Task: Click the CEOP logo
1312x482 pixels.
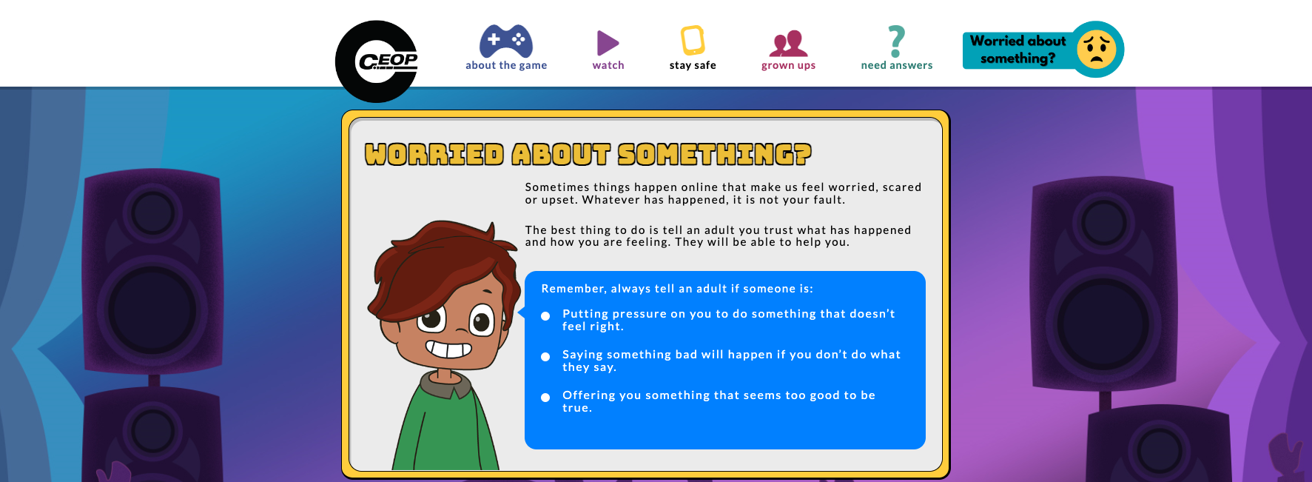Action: [x=377, y=61]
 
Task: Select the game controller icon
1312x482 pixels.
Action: [x=506, y=41]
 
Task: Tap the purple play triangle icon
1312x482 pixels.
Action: [x=608, y=43]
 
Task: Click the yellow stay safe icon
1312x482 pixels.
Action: [x=693, y=40]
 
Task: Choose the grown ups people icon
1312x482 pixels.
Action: [x=788, y=44]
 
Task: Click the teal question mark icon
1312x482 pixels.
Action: [x=896, y=41]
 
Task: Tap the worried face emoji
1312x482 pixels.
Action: [x=1097, y=50]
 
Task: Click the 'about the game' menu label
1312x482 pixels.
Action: [x=506, y=65]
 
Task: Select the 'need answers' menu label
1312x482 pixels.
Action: [x=897, y=65]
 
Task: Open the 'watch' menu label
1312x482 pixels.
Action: [x=608, y=65]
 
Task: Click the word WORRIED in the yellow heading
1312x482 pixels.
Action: [x=434, y=154]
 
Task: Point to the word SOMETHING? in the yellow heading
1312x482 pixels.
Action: [x=715, y=154]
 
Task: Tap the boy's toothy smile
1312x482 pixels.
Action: [x=448, y=348]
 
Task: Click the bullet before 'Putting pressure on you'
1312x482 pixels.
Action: [x=545, y=316]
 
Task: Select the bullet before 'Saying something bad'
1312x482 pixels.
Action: [x=545, y=357]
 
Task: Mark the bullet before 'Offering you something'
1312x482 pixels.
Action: [x=545, y=398]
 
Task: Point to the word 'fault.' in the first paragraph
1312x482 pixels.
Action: [x=828, y=200]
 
